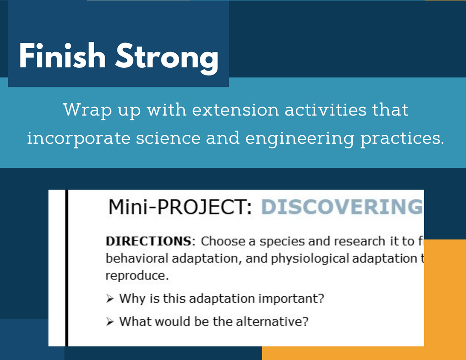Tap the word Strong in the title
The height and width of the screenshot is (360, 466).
click(167, 58)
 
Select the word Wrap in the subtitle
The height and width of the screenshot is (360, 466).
click(87, 111)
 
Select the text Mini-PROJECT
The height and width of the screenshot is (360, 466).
click(180, 207)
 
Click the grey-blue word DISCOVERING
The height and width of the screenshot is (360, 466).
click(342, 207)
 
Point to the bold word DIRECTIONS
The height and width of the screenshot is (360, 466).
click(149, 241)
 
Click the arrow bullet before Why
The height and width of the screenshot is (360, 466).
click(110, 299)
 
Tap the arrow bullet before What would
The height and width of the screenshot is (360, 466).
click(110, 321)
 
